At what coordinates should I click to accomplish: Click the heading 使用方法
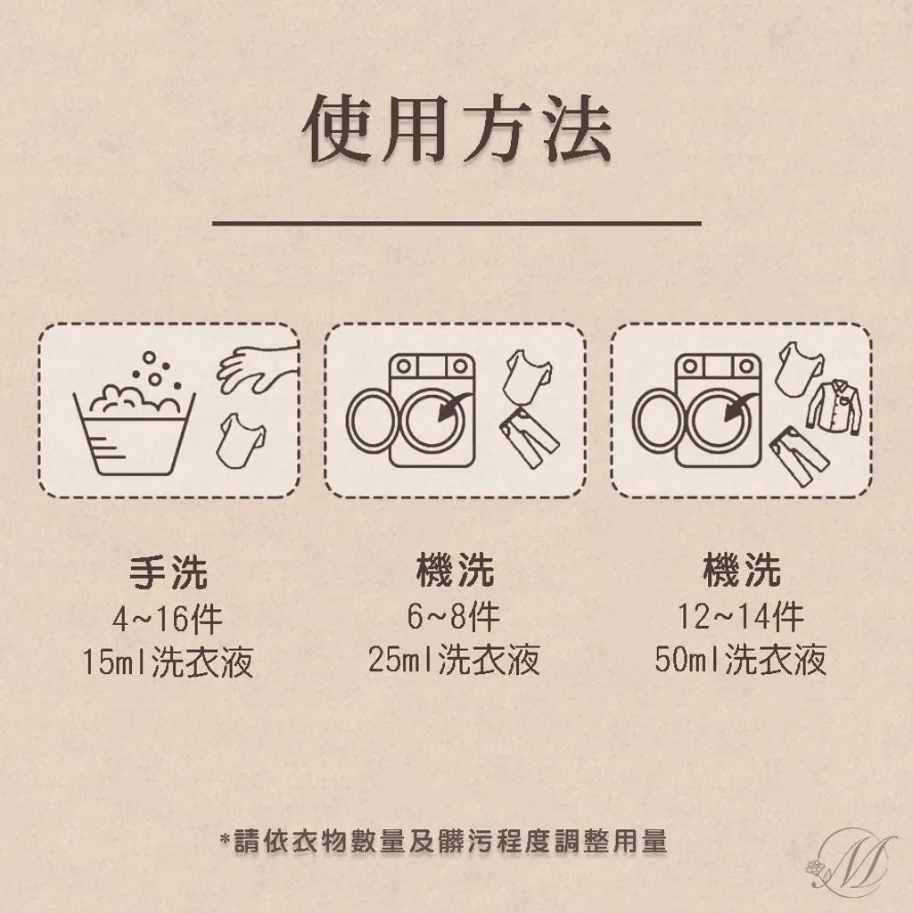(x=457, y=128)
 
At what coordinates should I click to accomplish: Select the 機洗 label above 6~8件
(x=455, y=570)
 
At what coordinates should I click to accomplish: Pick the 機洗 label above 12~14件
(x=741, y=570)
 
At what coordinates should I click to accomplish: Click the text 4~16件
(x=167, y=619)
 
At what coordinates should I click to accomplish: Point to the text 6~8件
(x=454, y=616)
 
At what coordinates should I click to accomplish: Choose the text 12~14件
(x=740, y=616)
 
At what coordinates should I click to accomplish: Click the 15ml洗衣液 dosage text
(x=168, y=662)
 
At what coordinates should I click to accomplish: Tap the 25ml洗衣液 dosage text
(x=454, y=660)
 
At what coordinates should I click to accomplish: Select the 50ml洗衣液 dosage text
(x=741, y=660)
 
